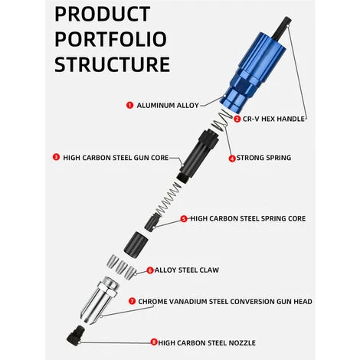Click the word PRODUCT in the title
pyautogui.click(x=103, y=14)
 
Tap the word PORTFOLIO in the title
pyautogui.click(x=111, y=39)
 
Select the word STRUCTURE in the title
pyautogui.click(x=113, y=64)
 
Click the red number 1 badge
pyautogui.click(x=129, y=105)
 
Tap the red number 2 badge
pyautogui.click(x=237, y=119)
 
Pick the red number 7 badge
pyautogui.click(x=132, y=301)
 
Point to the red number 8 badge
pyautogui.click(x=154, y=342)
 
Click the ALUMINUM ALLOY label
pyautogui.click(x=168, y=105)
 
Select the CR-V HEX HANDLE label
pyautogui.click(x=273, y=119)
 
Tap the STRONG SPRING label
pyautogui.click(x=263, y=158)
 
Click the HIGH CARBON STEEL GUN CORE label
pyautogui.click(x=116, y=158)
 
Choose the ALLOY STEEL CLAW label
pyautogui.click(x=187, y=270)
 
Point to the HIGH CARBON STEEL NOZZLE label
pyautogui.click(x=207, y=342)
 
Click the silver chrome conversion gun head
pyautogui.click(x=100, y=300)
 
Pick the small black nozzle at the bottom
pyautogui.click(x=76, y=335)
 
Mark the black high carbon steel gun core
pyautogui.click(x=198, y=155)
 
